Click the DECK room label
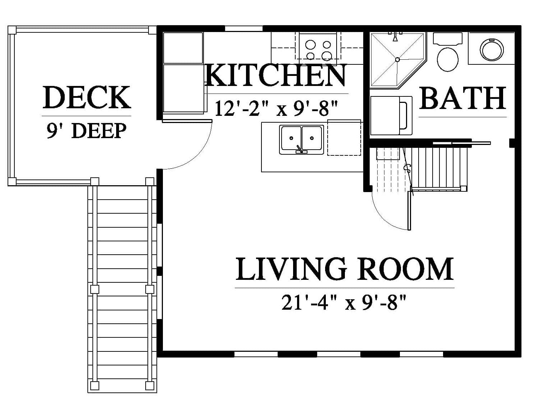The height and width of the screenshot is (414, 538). [x=87, y=97]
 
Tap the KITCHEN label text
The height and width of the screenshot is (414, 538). [x=275, y=75]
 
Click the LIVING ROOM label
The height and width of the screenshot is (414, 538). [x=345, y=269]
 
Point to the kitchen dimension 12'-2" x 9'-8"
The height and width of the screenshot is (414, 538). [x=276, y=109]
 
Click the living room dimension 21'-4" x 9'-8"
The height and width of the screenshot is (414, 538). [x=344, y=302]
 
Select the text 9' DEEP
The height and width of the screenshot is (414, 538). [x=87, y=131]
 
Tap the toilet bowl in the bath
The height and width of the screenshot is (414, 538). [x=448, y=60]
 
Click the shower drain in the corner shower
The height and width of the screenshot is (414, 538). [x=397, y=59]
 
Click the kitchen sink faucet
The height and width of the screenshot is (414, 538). [x=301, y=149]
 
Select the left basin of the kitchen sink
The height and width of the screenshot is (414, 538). [x=291, y=138]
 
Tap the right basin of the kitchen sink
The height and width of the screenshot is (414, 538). [x=312, y=138]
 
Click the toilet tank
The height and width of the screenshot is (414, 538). [x=448, y=39]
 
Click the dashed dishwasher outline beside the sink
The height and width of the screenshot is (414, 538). [x=344, y=138]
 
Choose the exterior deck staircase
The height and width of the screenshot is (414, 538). [x=122, y=289]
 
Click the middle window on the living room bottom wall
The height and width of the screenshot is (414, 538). [x=339, y=354]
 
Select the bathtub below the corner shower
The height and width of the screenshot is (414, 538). [x=391, y=115]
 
